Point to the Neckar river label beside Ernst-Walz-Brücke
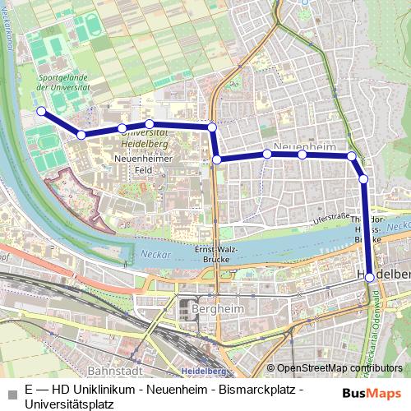tap(155, 254)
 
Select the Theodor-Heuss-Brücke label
tap(367, 230)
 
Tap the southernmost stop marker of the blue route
tap(370, 278)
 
